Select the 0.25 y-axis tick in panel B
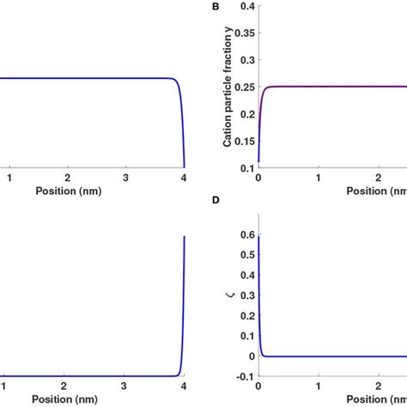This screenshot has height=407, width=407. [x=241, y=87]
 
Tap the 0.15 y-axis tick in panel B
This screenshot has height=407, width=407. [x=241, y=140]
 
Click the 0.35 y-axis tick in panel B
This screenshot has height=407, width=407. [x=241, y=33]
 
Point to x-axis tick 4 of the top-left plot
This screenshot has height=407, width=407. [x=184, y=177]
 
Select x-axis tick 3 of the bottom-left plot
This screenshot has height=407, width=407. [x=125, y=386]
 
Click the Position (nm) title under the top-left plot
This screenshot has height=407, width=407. [x=68, y=191]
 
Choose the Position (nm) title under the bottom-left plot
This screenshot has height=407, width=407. [x=68, y=400]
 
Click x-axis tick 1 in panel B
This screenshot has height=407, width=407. [x=319, y=177]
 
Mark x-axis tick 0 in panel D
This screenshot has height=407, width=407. [x=258, y=386]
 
